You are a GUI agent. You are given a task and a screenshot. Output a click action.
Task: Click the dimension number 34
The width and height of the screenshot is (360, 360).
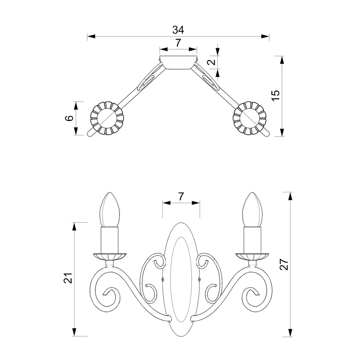pyautogui.click(x=178, y=30)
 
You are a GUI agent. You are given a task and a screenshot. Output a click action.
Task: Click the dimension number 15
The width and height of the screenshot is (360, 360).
pyautogui.click(x=276, y=95)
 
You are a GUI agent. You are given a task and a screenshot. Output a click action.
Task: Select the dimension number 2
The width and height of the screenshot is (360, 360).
pyautogui.click(x=212, y=62)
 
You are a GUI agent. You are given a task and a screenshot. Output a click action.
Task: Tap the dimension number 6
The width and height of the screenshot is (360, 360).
pyautogui.click(x=70, y=118)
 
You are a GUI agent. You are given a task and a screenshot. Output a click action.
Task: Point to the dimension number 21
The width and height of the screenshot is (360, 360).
pyautogui.click(x=68, y=278)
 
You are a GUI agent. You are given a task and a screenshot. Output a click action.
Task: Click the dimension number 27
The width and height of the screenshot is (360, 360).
pyautogui.click(x=284, y=264)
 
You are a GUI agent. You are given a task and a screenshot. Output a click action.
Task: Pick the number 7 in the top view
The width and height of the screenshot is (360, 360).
pyautogui.click(x=178, y=43)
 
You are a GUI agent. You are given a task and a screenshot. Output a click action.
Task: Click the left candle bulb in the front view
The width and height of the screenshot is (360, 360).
pyautogui.click(x=110, y=210)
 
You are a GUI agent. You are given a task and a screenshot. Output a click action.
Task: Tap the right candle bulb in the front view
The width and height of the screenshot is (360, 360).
pyautogui.click(x=252, y=210)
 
